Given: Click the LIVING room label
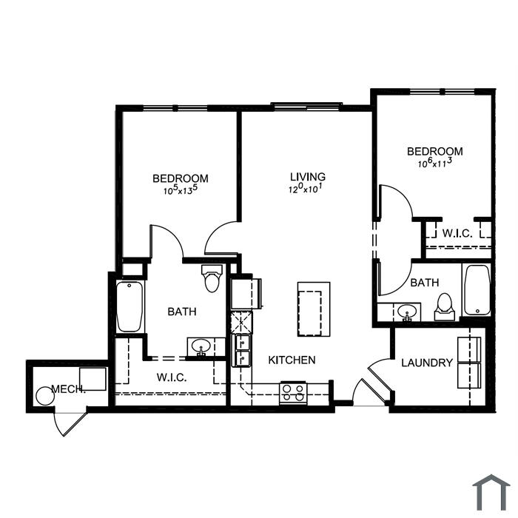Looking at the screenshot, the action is (308, 176).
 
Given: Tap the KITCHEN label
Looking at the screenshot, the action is (292, 360).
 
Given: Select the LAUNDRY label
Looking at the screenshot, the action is (427, 363).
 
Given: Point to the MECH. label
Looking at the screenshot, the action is (68, 388).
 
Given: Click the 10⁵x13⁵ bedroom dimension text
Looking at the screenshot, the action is (181, 190).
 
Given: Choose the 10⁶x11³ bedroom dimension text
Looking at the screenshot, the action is (435, 163).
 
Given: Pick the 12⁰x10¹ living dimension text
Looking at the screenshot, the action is (305, 189).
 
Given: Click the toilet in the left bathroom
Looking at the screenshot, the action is (212, 278).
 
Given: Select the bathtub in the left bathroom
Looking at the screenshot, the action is (129, 306).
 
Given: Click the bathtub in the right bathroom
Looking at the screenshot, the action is (477, 290).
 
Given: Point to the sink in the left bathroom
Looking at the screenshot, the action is (201, 346).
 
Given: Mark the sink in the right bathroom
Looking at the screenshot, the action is (407, 312).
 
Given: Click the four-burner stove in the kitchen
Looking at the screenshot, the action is (293, 393).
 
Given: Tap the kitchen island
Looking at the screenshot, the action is (314, 309).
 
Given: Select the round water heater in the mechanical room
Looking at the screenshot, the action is (45, 396).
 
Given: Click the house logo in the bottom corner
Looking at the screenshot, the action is (491, 492).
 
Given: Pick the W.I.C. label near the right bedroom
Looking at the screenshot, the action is (457, 233).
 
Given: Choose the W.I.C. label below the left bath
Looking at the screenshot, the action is (172, 377).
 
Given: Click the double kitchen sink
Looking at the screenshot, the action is (241, 351).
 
